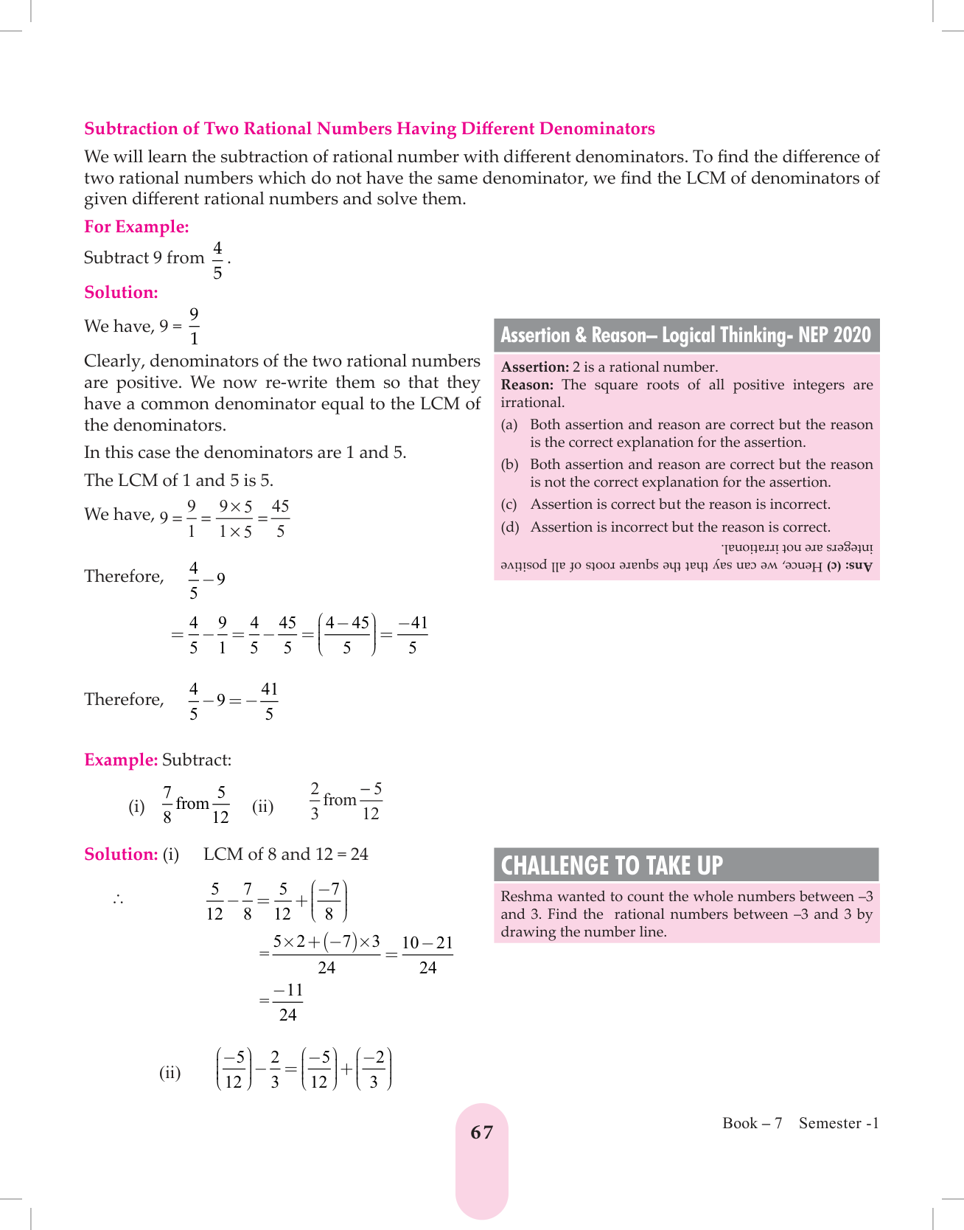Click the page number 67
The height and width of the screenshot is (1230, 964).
(481, 1132)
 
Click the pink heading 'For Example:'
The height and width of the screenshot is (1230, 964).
(136, 226)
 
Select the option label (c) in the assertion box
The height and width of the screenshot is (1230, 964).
(509, 504)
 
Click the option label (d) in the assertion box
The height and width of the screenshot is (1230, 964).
(509, 527)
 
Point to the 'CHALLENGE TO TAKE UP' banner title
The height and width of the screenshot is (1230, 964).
(612, 865)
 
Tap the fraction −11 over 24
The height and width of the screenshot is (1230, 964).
(287, 1001)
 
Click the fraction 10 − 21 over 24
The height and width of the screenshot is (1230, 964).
(427, 954)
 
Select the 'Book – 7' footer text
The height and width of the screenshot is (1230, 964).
(752, 1123)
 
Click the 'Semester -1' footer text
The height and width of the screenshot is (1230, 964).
(839, 1123)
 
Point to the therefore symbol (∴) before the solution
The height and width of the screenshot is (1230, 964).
(118, 899)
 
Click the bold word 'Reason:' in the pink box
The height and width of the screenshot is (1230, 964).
(527, 385)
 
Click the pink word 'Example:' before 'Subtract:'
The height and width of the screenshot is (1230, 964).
(121, 760)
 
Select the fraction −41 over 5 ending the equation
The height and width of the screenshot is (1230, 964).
(413, 635)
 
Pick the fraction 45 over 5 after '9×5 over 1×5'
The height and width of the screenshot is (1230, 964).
(280, 518)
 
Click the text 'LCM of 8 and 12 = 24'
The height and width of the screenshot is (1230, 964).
(286, 854)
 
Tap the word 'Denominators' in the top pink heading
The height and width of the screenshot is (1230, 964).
(597, 128)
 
